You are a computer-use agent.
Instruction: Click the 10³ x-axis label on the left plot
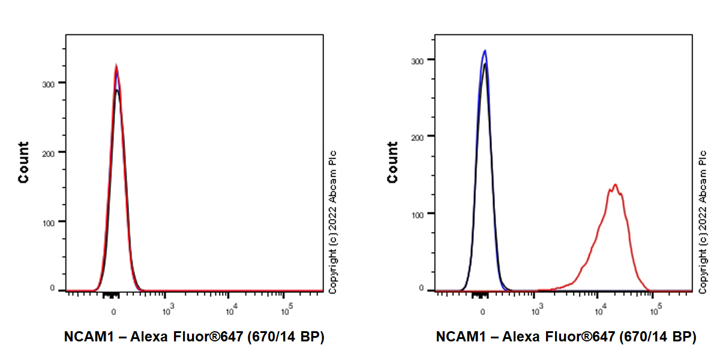(x=169, y=311)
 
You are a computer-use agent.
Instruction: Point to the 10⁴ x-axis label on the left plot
(x=230, y=311)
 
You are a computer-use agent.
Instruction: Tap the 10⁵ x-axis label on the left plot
(x=287, y=311)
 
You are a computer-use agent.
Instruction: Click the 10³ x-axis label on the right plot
(x=538, y=311)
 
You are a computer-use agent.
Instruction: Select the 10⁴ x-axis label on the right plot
(x=599, y=311)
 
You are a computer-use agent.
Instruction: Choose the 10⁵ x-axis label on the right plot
(x=656, y=311)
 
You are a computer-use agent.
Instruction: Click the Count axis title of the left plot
(x=23, y=162)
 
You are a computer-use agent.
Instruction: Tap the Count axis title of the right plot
(x=393, y=162)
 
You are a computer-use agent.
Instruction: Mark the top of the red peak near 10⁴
(x=615, y=185)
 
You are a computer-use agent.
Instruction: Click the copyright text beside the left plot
(x=333, y=222)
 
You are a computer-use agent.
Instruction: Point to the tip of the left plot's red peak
(x=116, y=66)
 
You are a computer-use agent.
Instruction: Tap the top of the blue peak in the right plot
(x=485, y=51)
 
